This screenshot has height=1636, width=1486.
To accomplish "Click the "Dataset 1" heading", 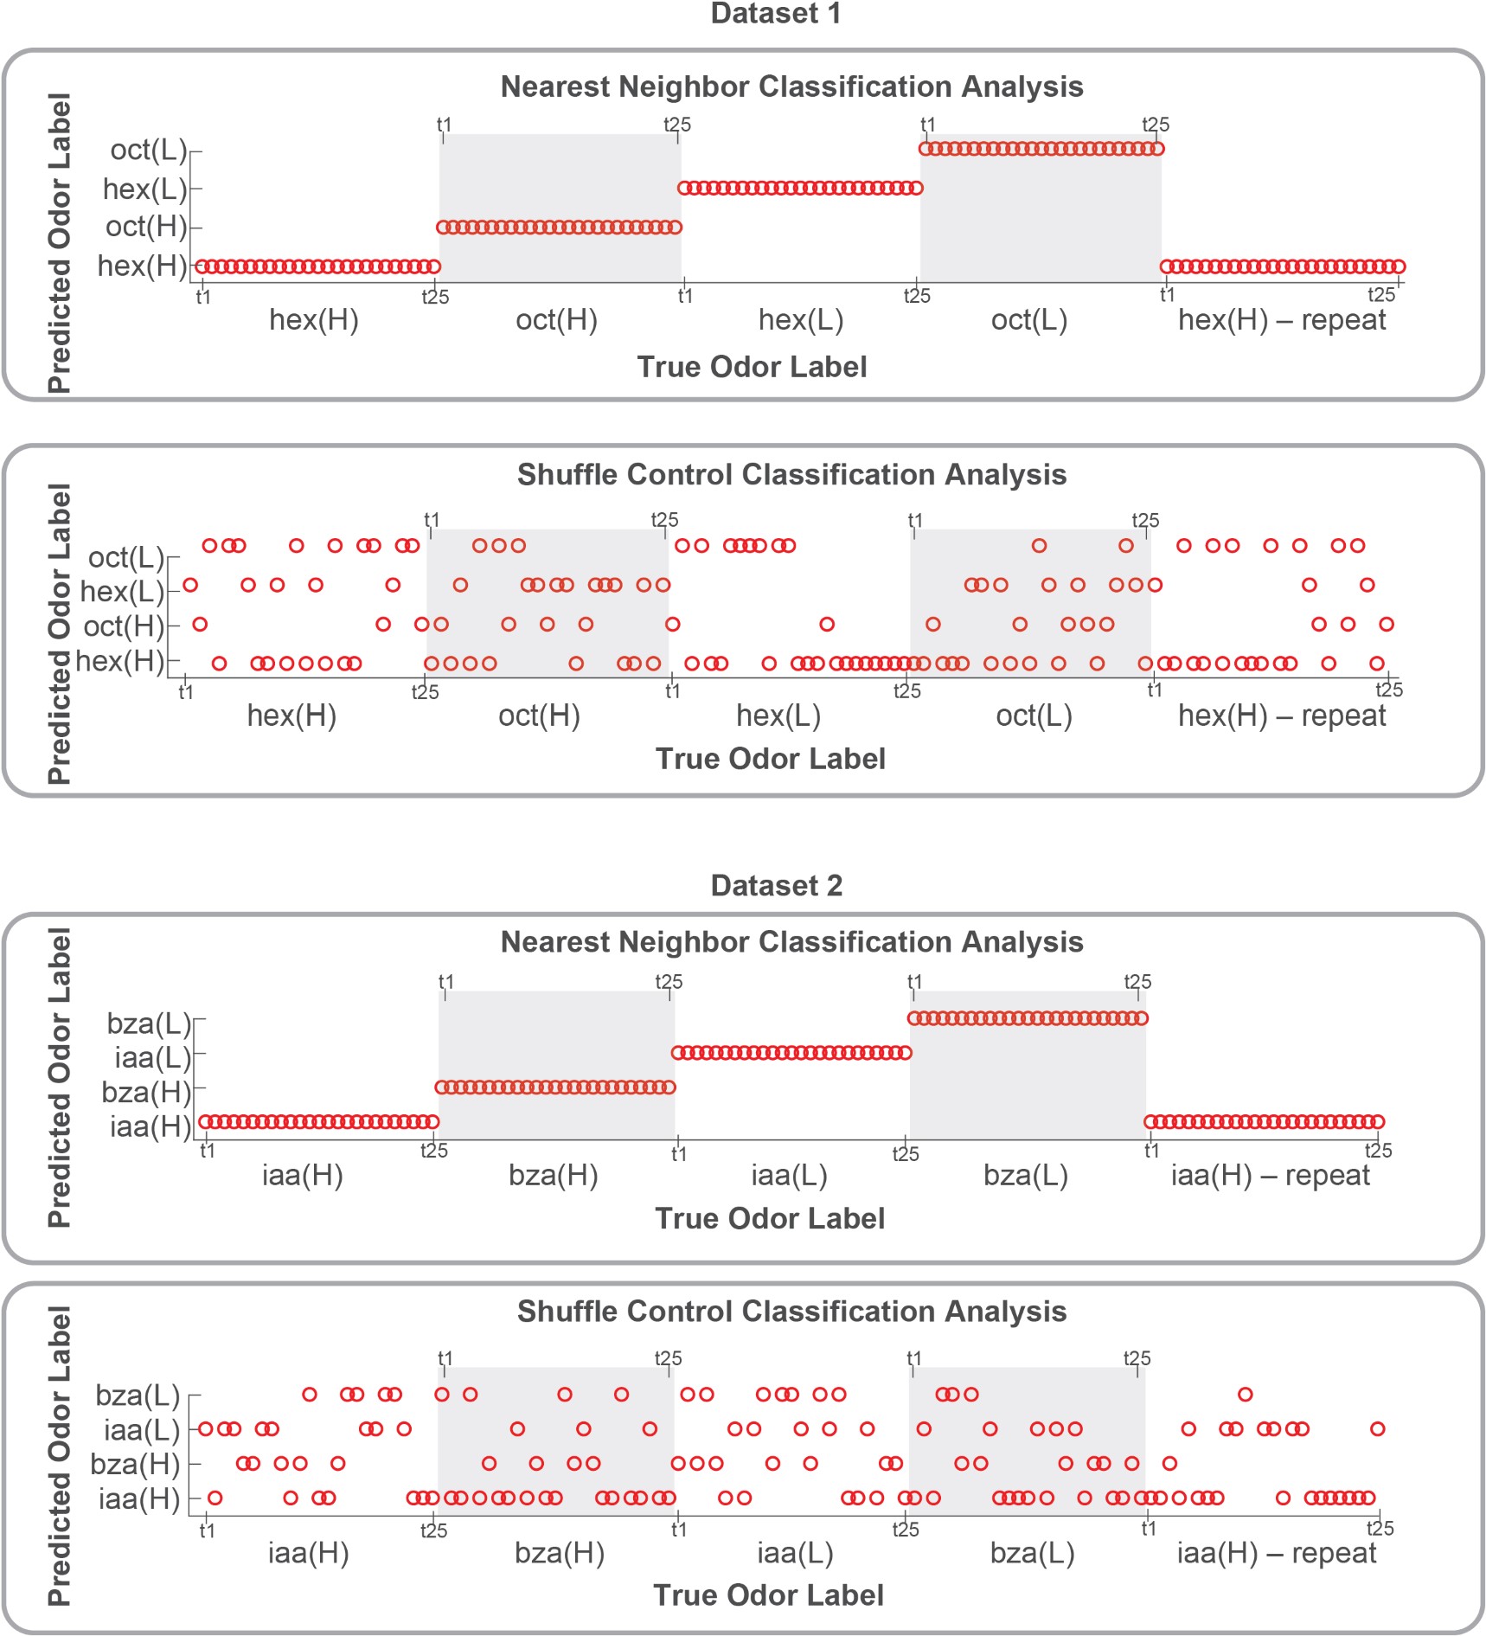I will click(x=775, y=14).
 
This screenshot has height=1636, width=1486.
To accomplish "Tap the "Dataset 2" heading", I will click(x=776, y=885).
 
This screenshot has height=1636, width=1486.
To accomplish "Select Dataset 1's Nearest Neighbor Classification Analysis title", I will click(x=791, y=87).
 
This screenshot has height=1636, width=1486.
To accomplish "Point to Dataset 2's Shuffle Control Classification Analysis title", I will click(x=791, y=1311).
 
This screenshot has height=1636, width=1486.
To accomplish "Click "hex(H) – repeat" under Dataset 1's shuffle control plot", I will click(x=1281, y=715).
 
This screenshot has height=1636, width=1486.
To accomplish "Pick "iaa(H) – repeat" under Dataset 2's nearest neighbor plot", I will click(x=1270, y=1175).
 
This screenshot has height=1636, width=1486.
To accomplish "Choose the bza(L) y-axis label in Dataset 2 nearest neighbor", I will click(x=148, y=1023).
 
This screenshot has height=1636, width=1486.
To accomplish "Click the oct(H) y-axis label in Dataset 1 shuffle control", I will click(x=124, y=626).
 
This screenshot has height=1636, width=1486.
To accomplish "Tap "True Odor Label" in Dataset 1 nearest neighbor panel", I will click(x=752, y=367).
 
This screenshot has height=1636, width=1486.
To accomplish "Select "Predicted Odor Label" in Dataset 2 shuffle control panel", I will click(x=59, y=1455).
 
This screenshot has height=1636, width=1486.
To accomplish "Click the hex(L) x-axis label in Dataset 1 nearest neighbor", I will click(x=800, y=320).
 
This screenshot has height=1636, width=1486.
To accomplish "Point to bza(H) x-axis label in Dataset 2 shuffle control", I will click(x=559, y=1553).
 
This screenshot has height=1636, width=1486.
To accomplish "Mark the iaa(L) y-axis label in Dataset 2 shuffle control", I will click(x=141, y=1430).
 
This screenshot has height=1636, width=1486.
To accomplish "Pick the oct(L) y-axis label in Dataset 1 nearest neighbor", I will click(x=148, y=150).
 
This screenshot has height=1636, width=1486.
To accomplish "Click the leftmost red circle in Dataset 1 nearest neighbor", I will click(x=201, y=266).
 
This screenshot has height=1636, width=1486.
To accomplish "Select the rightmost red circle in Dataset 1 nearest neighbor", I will click(x=1399, y=266).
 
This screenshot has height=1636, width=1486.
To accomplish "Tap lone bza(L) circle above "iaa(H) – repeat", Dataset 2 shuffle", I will click(x=1245, y=1394).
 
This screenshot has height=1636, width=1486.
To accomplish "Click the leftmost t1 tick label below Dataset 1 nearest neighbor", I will click(x=203, y=297).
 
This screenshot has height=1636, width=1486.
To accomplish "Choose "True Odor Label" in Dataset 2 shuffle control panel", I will click(x=768, y=1594).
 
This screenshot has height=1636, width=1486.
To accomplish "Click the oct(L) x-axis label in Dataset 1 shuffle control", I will click(x=1034, y=715).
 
